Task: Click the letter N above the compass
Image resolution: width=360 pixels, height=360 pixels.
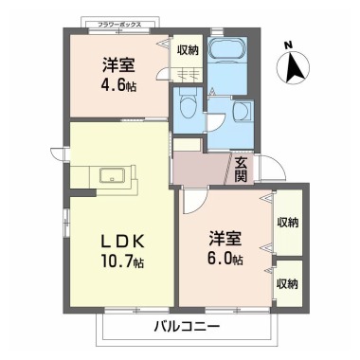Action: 291,44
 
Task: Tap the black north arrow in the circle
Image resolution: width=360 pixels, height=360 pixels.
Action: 295,66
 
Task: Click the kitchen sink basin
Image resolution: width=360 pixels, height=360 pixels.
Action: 108,175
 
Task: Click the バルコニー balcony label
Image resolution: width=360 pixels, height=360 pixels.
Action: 186,327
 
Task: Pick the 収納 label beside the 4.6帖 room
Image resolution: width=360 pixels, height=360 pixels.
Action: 188,50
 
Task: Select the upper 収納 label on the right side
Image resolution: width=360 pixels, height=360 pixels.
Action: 288,222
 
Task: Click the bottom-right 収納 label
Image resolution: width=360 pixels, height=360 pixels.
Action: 288,282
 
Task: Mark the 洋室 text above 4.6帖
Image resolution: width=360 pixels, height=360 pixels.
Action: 117,66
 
